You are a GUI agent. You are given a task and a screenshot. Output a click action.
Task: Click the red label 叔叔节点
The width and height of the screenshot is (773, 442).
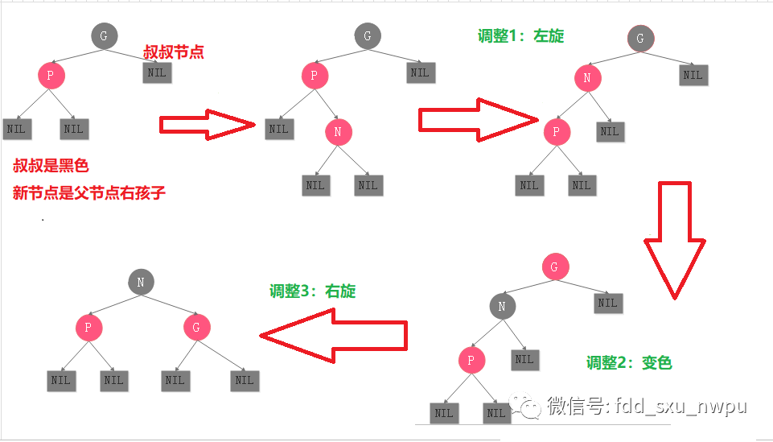point(173,52)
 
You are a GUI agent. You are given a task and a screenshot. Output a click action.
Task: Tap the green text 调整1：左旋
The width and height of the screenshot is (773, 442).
point(520,36)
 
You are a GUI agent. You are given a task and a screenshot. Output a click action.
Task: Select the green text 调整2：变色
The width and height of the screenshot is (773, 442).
point(628,362)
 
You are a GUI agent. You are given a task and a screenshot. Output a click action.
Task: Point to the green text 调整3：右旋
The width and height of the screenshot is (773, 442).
point(312,291)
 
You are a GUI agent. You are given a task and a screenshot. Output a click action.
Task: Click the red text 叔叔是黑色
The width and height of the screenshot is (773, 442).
point(51,166)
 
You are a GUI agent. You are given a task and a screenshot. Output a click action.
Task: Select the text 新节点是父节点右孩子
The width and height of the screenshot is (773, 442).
point(88,193)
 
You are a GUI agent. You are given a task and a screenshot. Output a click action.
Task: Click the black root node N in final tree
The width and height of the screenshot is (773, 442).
point(141,282)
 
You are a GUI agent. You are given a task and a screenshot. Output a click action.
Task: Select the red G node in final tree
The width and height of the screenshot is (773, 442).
point(196,327)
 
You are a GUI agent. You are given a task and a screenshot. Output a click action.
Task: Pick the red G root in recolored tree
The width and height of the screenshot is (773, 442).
point(554,266)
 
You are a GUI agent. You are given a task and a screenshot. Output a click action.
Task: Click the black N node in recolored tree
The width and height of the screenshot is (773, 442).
point(502,306)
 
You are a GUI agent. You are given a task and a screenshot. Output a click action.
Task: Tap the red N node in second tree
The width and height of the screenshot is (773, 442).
point(339,132)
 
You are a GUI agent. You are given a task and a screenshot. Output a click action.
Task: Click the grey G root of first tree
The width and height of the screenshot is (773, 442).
point(104,35)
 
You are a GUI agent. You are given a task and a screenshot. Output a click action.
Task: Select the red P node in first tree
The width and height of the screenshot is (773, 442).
point(51,76)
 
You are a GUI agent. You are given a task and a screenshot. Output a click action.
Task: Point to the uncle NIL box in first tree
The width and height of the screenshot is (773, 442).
point(157,72)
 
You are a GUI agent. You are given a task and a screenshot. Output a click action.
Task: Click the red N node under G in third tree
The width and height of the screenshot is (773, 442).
point(587,78)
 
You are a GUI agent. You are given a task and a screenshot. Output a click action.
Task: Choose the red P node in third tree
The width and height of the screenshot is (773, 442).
point(556,131)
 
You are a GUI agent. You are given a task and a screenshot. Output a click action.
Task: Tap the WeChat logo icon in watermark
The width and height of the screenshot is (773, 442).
point(529,407)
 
